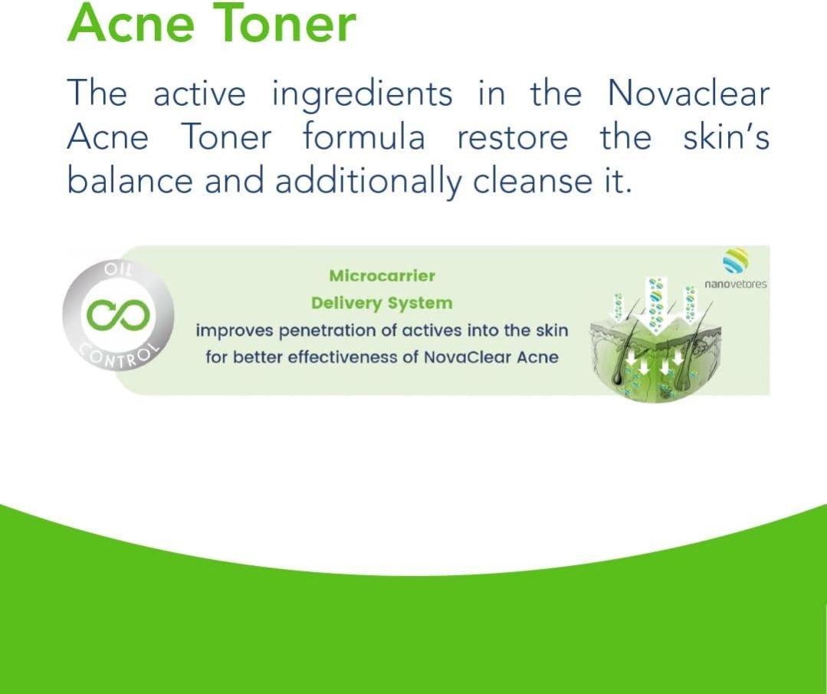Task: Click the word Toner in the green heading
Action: tap(284, 23)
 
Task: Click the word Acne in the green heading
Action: tap(131, 23)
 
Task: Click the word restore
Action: tap(512, 139)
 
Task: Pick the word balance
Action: tap(130, 180)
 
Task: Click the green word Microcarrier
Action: tap(382, 275)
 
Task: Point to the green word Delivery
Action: tap(346, 304)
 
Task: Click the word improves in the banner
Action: tap(235, 331)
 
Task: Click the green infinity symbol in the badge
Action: tap(118, 314)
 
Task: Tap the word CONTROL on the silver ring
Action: tap(119, 357)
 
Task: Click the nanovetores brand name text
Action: tap(735, 285)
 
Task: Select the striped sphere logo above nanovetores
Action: tap(735, 261)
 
